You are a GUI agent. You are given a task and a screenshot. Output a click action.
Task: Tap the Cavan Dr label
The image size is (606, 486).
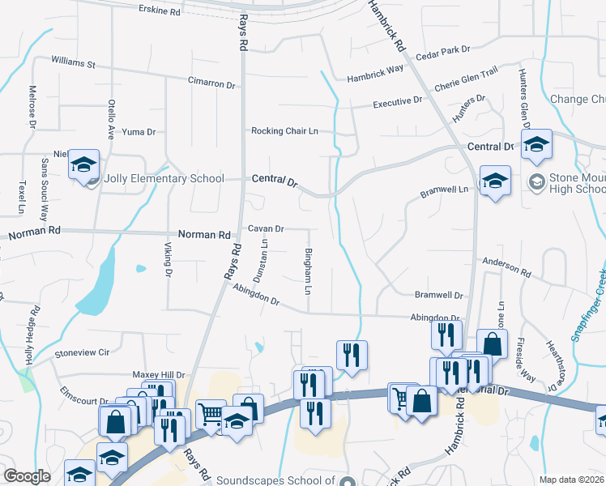pyautogui.click(x=266, y=229)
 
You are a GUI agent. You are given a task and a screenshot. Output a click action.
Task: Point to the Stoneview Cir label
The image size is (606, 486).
pyautogui.click(x=81, y=353)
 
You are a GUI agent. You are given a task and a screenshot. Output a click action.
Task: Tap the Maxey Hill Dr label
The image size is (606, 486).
pyautogui.click(x=159, y=375)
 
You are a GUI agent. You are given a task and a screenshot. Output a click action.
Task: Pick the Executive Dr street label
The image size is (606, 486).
pyautogui.click(x=398, y=102)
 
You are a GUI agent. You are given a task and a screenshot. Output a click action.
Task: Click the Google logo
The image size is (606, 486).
pyautogui.click(x=28, y=476)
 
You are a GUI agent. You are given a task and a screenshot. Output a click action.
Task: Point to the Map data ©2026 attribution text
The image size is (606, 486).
pyautogui.click(x=571, y=479)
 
